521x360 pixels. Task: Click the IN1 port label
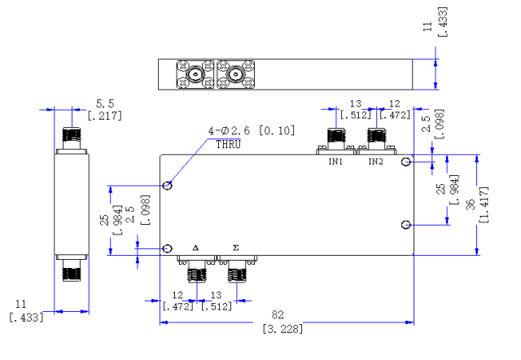(x=335, y=161)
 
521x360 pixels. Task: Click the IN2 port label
(x=375, y=161)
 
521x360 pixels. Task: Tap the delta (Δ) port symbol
(x=195, y=248)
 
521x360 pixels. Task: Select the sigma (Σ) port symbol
(x=235, y=248)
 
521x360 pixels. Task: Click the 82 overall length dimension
(x=278, y=314)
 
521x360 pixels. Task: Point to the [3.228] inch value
(x=282, y=329)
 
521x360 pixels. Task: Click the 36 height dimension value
(x=471, y=204)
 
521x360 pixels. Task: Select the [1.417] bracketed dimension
(x=484, y=204)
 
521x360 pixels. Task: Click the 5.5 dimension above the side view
(x=105, y=103)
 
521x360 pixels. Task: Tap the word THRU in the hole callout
(x=228, y=145)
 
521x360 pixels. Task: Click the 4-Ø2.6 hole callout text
(x=229, y=130)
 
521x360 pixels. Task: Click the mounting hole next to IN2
(x=406, y=162)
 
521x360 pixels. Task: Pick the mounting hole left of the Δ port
(x=168, y=248)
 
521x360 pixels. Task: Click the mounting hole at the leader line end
(x=168, y=185)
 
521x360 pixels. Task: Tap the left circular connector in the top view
(x=195, y=74)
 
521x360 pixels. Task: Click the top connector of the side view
(x=72, y=138)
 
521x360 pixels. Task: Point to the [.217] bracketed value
(x=105, y=116)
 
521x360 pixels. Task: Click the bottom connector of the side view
(x=72, y=270)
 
